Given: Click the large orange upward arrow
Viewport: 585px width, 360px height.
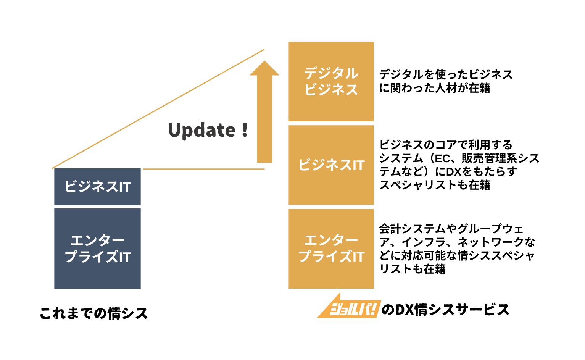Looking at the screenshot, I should (x=264, y=115).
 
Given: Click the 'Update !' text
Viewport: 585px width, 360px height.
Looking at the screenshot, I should (x=208, y=130).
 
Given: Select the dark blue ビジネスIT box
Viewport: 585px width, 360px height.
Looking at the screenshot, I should (x=98, y=187).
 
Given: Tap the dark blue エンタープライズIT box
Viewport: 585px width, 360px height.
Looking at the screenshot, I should (x=98, y=249).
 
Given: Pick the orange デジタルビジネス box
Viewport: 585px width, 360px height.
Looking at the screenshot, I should (x=331, y=81).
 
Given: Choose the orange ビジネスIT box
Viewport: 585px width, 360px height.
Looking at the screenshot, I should (x=331, y=165).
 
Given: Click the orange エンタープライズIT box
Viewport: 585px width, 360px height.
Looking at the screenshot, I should (x=331, y=249).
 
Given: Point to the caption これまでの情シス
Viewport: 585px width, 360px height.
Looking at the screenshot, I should (x=94, y=313).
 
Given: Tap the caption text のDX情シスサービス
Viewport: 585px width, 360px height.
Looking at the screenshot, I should (x=445, y=310).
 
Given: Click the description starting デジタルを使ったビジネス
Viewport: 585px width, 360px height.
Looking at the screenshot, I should (x=446, y=74).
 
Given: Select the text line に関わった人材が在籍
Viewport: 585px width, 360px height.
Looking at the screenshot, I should (x=435, y=88).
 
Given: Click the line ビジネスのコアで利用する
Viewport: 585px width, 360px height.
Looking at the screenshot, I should (x=446, y=145).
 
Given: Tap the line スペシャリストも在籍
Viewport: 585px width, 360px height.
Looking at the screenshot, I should (x=435, y=185).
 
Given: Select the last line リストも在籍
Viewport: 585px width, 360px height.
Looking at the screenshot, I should (x=412, y=269).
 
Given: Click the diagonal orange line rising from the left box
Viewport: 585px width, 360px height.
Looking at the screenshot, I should (x=158, y=109).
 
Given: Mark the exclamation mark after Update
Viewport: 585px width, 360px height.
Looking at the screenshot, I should (x=244, y=130).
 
